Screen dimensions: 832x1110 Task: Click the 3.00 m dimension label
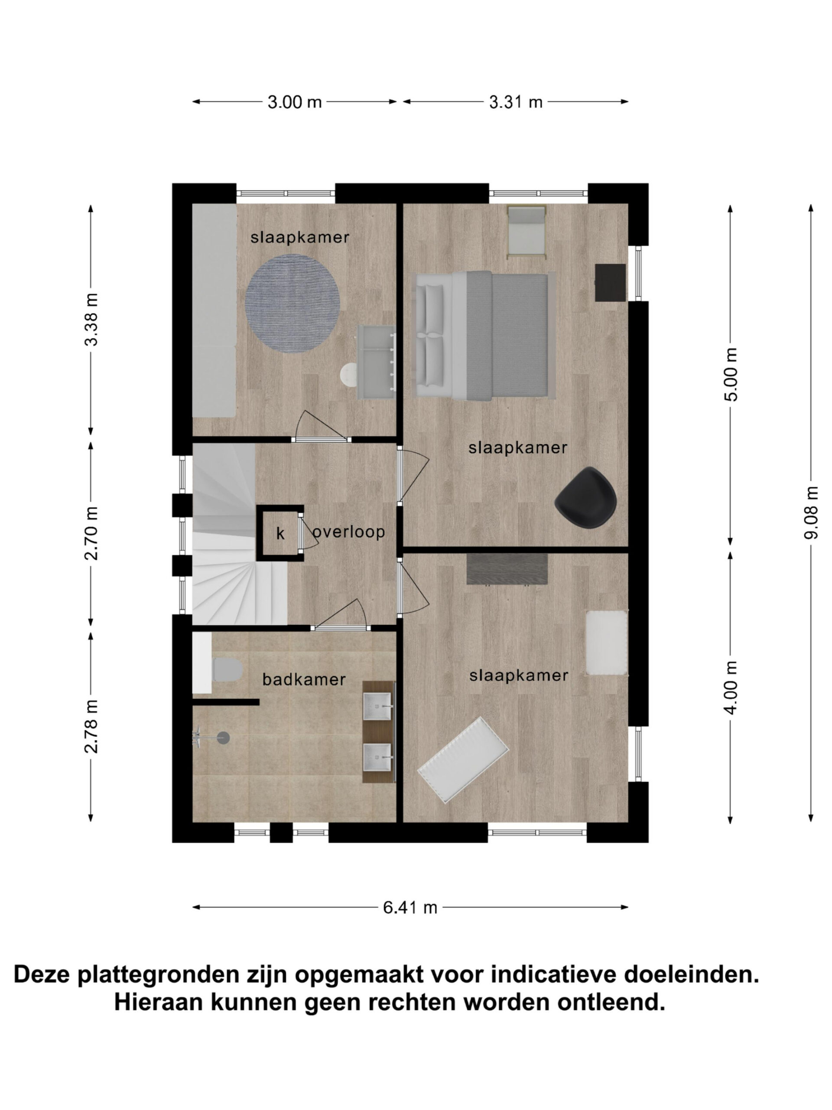[294, 102]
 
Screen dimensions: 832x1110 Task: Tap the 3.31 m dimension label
[516, 102]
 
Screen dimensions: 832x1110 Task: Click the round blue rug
[292, 304]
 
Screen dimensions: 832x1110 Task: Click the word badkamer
[304, 679]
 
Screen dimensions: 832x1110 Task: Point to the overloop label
[349, 532]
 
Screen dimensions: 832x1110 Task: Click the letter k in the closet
[280, 533]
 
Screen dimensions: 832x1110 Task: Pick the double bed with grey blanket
[484, 336]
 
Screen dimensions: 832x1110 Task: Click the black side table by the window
[610, 283]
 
